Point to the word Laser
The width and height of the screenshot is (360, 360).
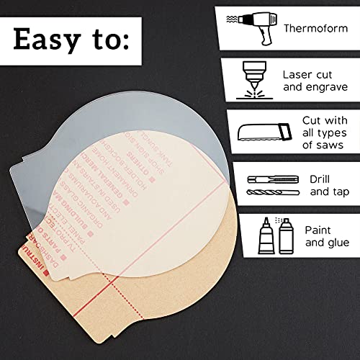point(297,73)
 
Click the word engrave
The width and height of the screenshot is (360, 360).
point(321,88)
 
